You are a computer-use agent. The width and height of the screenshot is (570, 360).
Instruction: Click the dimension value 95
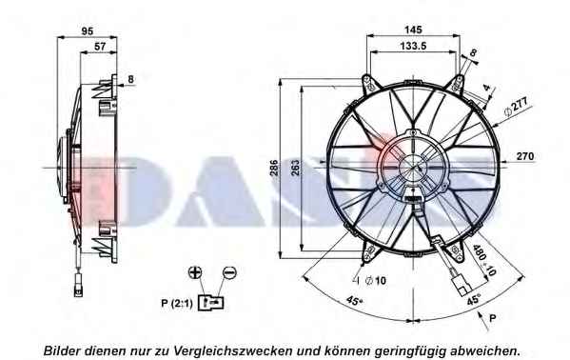pyautogui.click(x=88, y=31)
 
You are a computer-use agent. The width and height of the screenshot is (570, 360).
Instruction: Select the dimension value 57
pyautogui.click(x=100, y=47)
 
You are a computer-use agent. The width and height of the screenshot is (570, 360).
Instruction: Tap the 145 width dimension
pyautogui.click(x=413, y=30)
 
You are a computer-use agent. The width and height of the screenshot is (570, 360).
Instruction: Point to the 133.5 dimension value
pyautogui.click(x=413, y=46)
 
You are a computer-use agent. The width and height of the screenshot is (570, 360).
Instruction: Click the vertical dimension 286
pyautogui.click(x=274, y=168)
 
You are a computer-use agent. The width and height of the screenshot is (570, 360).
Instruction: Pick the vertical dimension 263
pyautogui.click(x=296, y=168)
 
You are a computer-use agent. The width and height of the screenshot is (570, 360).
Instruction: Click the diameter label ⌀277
pyautogui.click(x=516, y=107)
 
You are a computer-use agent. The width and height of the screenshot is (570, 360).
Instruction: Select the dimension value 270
pyautogui.click(x=525, y=156)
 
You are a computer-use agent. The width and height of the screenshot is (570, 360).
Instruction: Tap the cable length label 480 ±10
pyautogui.click(x=484, y=260)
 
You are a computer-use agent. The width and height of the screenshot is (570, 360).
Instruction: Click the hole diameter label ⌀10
pyautogui.click(x=375, y=281)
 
